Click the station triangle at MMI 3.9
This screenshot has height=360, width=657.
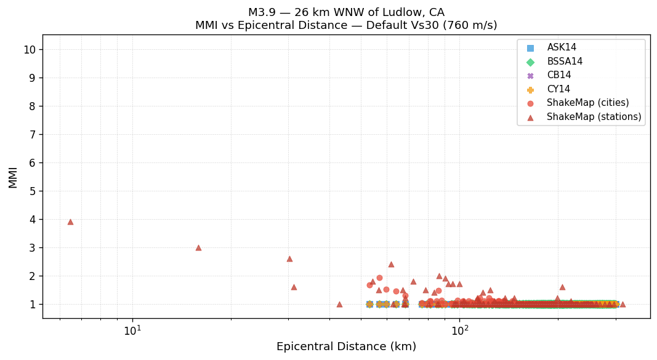point(70,222)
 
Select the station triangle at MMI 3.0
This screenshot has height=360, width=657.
point(198,247)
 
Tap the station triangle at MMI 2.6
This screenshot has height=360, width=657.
point(289,258)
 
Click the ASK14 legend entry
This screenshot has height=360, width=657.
point(562,47)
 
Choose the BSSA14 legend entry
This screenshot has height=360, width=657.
point(565,62)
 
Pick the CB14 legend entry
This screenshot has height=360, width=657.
point(559,75)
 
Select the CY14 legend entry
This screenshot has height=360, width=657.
point(558,89)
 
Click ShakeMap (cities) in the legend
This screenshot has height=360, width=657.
point(587,103)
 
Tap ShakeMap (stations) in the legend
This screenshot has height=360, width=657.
point(594,117)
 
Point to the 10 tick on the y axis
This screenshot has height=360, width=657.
point(30,49)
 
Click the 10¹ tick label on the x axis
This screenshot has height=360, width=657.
point(132,331)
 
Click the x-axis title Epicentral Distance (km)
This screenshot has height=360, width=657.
point(346,346)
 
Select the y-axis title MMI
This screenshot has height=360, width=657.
point(13,177)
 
